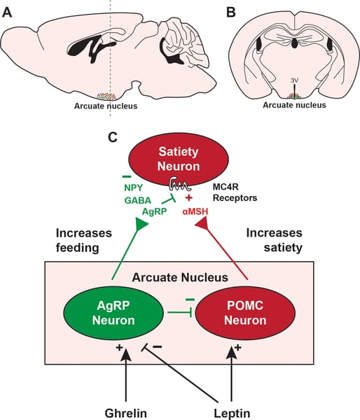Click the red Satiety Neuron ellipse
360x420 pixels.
click(x=179, y=159)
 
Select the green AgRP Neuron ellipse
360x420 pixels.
click(x=113, y=313)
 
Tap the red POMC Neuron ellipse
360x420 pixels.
click(x=245, y=313)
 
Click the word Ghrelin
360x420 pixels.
click(x=125, y=413)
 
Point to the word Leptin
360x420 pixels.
click(x=232, y=413)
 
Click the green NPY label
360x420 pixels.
click(x=134, y=188)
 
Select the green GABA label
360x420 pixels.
click(x=138, y=200)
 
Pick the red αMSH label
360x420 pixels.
click(x=195, y=211)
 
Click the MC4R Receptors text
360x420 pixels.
click(x=235, y=192)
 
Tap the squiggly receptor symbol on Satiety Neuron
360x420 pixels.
click(x=179, y=183)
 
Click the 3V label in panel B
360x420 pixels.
click(x=295, y=80)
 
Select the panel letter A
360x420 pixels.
click(x=7, y=12)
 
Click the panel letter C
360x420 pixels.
click(x=113, y=137)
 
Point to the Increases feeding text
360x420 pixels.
click(x=83, y=240)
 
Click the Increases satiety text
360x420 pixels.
click(x=275, y=240)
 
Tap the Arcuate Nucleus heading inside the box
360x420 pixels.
click(x=180, y=277)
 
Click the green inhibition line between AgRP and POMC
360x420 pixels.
click(x=179, y=312)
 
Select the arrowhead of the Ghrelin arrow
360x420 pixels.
click(x=125, y=355)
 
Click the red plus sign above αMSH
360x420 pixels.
click(x=189, y=198)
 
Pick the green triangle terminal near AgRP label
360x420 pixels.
click(x=141, y=224)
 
